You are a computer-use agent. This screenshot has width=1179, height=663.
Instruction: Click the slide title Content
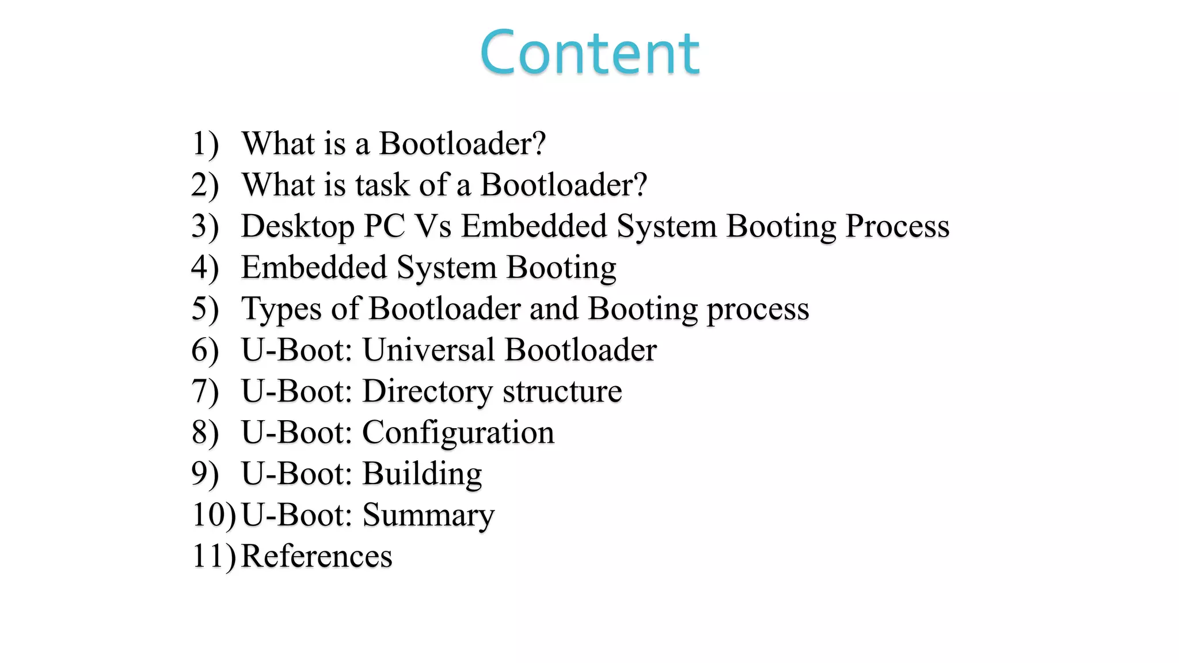point(589,53)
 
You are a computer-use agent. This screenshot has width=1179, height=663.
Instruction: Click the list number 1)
point(205,144)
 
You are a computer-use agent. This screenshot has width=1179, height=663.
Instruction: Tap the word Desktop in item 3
point(298,227)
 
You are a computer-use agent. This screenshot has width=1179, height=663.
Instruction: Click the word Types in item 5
point(281,310)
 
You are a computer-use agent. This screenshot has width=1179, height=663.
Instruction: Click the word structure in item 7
point(562,392)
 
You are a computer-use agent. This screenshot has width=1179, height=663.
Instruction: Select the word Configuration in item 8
point(458,433)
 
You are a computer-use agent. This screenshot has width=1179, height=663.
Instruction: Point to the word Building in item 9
point(422,474)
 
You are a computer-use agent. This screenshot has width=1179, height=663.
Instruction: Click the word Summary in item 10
point(428,516)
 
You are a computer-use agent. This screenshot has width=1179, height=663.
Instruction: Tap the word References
point(317,557)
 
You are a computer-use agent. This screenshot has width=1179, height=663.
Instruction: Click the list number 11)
point(214,557)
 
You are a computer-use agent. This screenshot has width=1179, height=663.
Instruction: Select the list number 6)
point(205,350)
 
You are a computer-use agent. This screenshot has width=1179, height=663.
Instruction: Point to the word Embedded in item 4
point(314,268)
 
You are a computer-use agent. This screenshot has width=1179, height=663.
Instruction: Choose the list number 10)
point(214,515)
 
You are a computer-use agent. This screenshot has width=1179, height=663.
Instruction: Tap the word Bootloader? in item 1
point(462,144)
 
